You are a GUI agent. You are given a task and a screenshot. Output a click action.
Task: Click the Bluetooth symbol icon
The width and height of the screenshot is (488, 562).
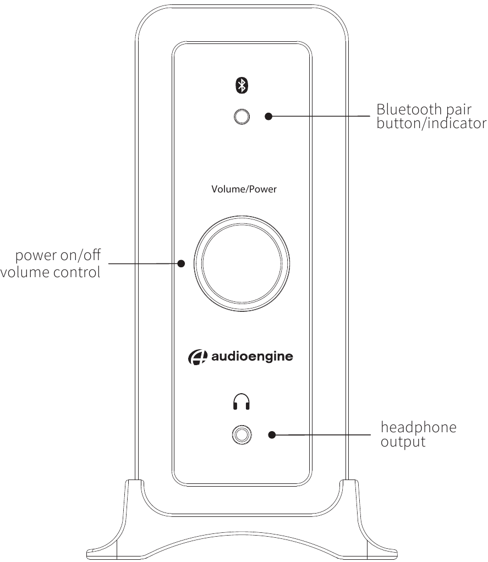pos(242,85)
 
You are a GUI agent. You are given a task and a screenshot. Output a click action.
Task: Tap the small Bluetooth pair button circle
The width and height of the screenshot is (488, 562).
pos(242,117)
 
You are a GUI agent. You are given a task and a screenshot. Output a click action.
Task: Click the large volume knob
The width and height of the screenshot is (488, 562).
pos(242,263)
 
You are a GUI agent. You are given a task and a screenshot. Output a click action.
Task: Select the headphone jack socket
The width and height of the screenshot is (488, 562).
pos(242,435)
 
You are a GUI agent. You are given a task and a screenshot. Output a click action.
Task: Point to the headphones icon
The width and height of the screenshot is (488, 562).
pos(242,401)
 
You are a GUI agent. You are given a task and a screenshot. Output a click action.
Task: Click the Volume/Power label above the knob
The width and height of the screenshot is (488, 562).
pos(244,189)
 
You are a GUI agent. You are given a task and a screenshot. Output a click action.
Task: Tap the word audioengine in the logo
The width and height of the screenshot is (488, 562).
pos(252,357)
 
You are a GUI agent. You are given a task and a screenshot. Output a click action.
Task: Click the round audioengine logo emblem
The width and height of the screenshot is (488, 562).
pos(198,357)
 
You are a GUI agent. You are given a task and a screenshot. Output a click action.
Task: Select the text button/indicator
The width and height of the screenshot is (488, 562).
pos(431,123)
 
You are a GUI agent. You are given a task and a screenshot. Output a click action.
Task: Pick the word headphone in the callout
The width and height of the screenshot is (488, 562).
pos(419,427)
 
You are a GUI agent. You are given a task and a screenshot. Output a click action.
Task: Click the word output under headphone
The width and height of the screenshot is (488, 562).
pos(403,442)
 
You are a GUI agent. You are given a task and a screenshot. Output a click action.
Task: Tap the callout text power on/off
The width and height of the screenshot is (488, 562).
pos(58,255)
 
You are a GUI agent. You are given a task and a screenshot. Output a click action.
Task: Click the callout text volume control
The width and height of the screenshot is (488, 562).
pos(50,272)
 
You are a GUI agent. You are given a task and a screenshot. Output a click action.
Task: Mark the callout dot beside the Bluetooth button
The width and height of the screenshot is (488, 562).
pos(268,116)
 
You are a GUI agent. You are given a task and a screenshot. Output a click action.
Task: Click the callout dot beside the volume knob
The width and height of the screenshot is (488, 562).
pos(181,263)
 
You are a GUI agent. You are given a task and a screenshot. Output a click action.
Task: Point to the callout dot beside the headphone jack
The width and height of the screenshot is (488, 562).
pos(272,435)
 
